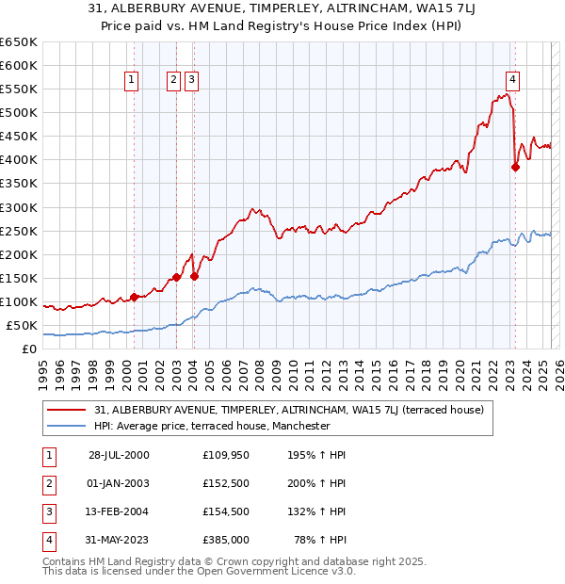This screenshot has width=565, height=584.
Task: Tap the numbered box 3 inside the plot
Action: point(191,81)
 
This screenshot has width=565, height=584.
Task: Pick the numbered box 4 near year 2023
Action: point(513,80)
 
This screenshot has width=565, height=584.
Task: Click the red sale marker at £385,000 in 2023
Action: point(515,168)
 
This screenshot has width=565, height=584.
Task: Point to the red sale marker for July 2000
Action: point(134,297)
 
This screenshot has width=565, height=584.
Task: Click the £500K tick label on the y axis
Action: point(18,113)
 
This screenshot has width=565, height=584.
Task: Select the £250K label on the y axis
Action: point(18,232)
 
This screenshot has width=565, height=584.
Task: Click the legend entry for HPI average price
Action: point(212,426)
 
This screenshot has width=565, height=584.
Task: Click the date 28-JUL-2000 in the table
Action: point(119,455)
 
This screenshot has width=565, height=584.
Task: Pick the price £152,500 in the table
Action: point(226,483)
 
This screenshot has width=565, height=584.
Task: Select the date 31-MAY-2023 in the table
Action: point(119,540)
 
